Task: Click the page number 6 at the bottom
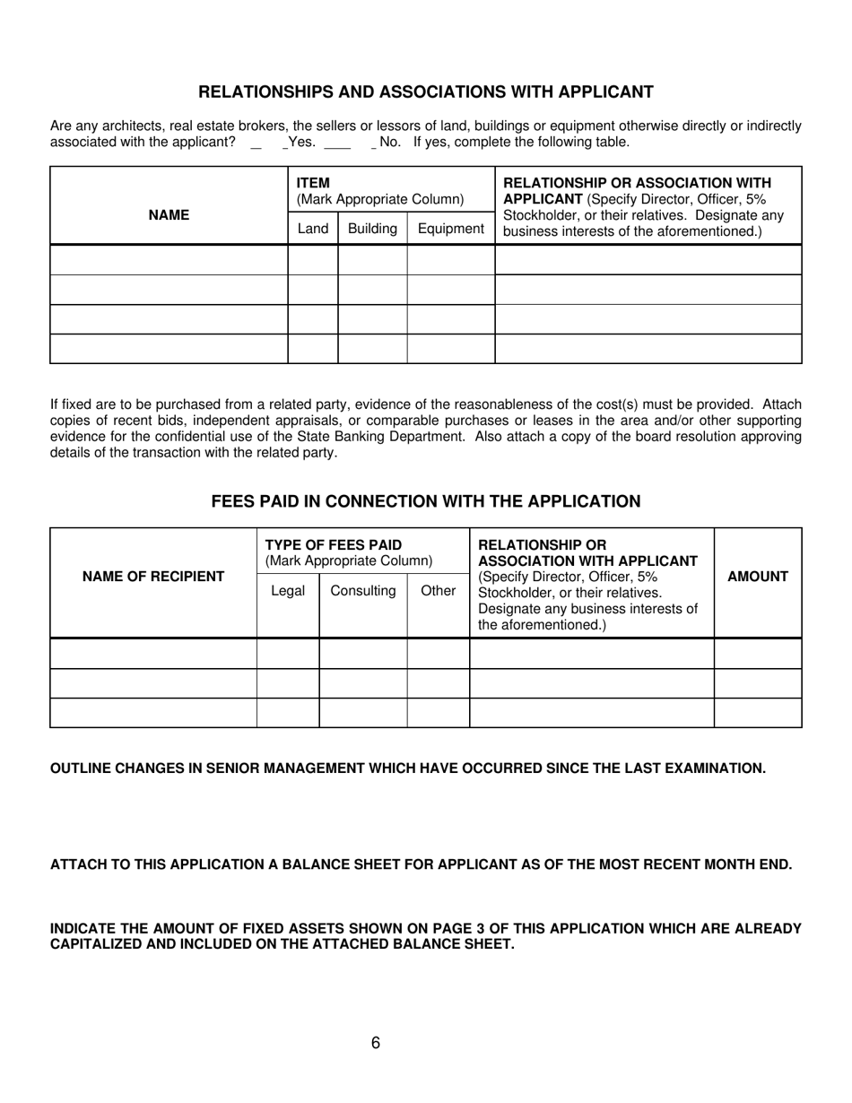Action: point(375,1043)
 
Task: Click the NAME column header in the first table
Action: point(169,215)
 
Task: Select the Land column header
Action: point(312,229)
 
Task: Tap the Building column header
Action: point(372,229)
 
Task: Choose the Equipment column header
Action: point(450,229)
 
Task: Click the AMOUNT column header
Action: point(757,577)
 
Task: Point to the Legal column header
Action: point(288,591)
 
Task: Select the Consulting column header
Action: point(363,591)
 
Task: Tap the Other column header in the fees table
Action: point(438,591)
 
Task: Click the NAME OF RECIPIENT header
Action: point(153,577)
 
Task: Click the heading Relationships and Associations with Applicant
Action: point(425,92)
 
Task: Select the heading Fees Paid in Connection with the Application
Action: point(425,502)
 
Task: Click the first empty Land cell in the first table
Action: point(312,260)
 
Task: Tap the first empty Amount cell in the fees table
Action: point(757,654)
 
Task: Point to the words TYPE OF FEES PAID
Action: point(334,545)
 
